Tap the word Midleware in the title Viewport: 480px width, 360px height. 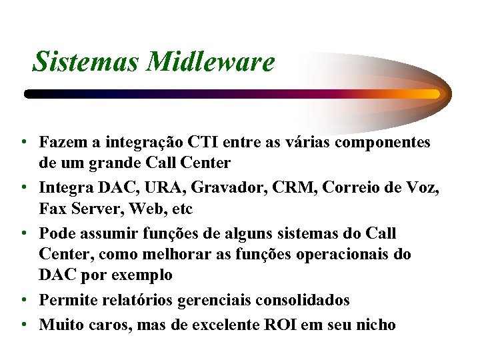tap(211, 62)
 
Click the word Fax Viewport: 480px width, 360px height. tap(53, 209)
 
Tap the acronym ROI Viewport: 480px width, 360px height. tap(283, 325)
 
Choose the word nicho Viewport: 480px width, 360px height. tap(376, 325)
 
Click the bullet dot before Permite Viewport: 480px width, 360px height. tap(23, 301)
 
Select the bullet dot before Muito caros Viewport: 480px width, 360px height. tap(23, 325)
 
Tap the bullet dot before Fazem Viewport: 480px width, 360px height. tap(23, 143)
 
